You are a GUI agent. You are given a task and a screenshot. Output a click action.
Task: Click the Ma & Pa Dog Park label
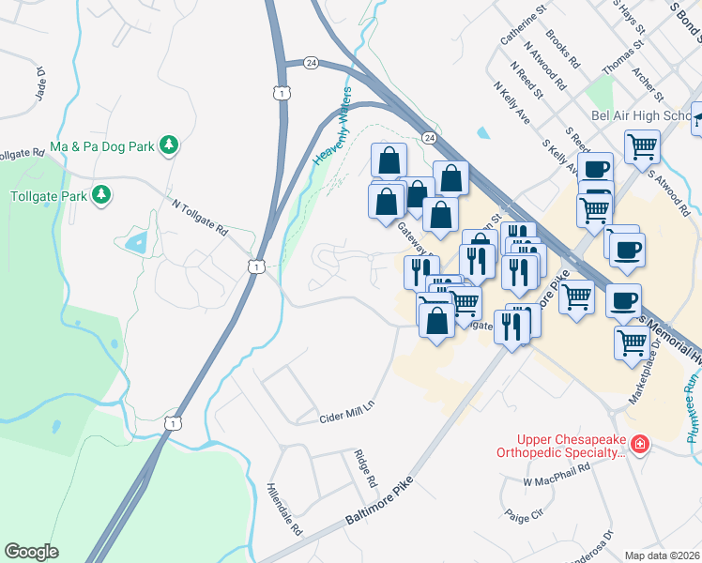point(101,145)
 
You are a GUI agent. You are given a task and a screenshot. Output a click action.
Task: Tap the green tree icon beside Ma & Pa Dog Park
point(169,145)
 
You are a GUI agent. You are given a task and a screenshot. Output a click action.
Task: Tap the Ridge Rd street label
point(365,467)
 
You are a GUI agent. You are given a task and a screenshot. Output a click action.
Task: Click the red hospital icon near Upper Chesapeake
point(639,442)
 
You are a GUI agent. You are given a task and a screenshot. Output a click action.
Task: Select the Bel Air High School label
point(639,115)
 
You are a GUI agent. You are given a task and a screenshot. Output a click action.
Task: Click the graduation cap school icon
point(697,117)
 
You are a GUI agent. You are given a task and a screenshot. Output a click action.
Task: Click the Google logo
point(31,552)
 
